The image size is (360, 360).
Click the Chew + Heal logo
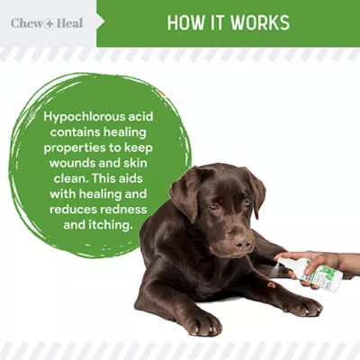tap(46, 22)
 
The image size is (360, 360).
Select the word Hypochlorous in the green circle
tap(86, 119)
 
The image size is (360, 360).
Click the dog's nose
tap(241, 240)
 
